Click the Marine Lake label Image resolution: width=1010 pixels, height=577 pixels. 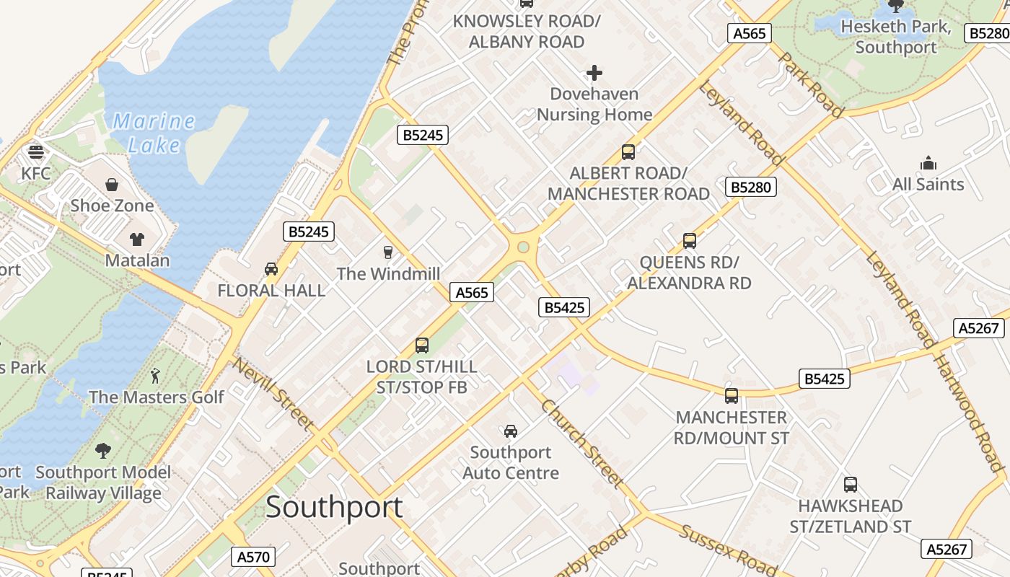tap(154, 133)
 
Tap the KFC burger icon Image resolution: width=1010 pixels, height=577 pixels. tap(35, 152)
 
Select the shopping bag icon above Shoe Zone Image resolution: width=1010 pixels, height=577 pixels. tap(112, 185)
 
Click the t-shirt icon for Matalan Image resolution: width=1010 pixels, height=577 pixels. tap(137, 239)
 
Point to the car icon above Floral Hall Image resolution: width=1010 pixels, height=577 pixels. tap(271, 269)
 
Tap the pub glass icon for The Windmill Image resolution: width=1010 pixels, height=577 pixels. tap(388, 252)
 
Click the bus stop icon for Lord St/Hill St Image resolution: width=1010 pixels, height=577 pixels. tap(422, 345)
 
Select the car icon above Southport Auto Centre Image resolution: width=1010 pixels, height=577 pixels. tap(511, 431)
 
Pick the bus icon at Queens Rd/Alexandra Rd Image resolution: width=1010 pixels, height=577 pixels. tap(689, 241)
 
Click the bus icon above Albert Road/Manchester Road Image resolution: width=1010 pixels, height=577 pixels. tap(628, 152)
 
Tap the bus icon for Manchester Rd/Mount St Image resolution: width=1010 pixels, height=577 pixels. tap(732, 396)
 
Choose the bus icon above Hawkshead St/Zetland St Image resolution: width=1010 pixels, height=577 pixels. tap(851, 485)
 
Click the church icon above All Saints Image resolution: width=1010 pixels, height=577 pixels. tap(928, 163)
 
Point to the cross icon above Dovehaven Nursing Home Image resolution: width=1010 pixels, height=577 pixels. tap(594, 73)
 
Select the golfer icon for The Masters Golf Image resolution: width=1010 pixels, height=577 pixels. tap(155, 376)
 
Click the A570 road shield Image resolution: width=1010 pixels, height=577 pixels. tap(253, 557)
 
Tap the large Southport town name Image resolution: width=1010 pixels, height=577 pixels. tap(334, 507)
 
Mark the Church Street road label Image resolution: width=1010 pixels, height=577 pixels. tap(581, 443)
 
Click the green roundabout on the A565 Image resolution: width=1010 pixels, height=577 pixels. tap(524, 247)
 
